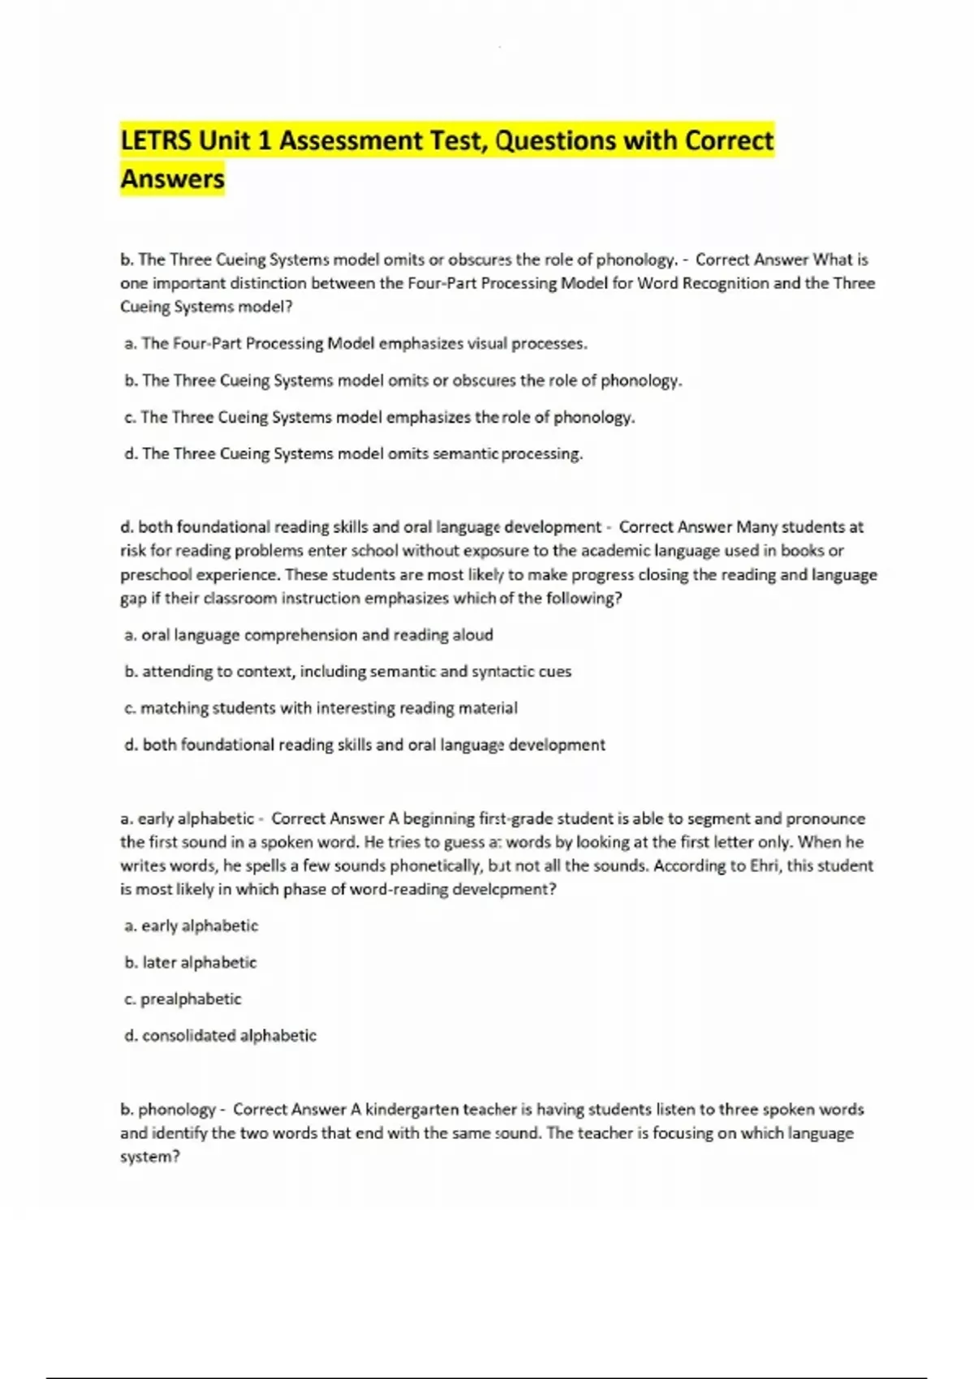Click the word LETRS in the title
[156, 141]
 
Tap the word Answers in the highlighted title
[172, 178]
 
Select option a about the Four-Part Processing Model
[356, 343]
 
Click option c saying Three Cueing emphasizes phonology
[379, 417]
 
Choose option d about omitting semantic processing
[353, 453]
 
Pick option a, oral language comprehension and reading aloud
[308, 634]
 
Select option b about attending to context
[347, 671]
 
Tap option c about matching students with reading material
[321, 707]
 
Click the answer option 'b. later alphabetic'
[190, 962]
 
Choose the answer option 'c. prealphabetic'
[183, 999]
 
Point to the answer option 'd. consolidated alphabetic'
[220, 1035]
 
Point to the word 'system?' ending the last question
[149, 1156]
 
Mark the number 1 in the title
[264, 141]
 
